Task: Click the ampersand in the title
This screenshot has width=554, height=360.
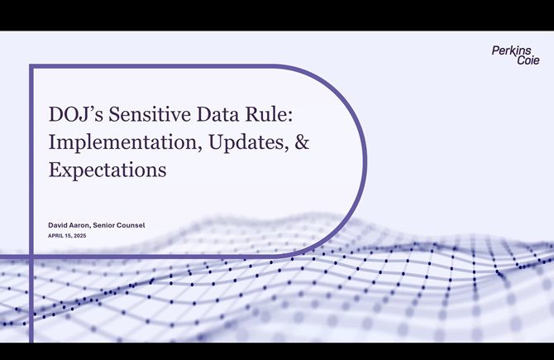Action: (303, 142)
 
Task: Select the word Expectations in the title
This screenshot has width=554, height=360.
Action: (107, 170)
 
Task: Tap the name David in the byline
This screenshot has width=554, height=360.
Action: (60, 225)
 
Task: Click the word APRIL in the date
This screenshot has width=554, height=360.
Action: (57, 237)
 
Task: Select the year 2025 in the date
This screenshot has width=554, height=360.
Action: (79, 237)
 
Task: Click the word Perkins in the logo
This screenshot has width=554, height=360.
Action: (512, 50)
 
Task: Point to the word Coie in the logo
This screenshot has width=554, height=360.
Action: (528, 60)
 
